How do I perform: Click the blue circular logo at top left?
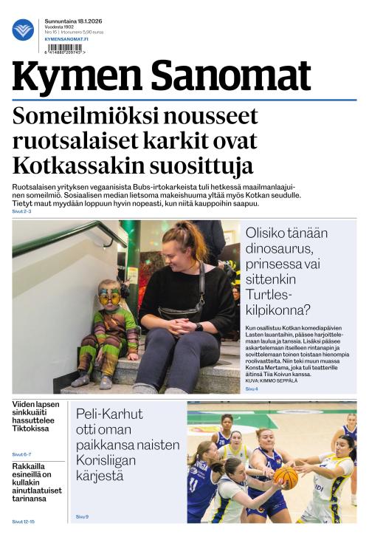pyautogui.click(x=23, y=30)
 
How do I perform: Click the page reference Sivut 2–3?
pyautogui.click(x=21, y=211)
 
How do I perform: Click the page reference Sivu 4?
pyautogui.click(x=252, y=388)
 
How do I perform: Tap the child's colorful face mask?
pyautogui.click(x=109, y=296)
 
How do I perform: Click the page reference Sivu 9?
pyautogui.click(x=82, y=516)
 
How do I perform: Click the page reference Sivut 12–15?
pyautogui.click(x=23, y=521)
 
